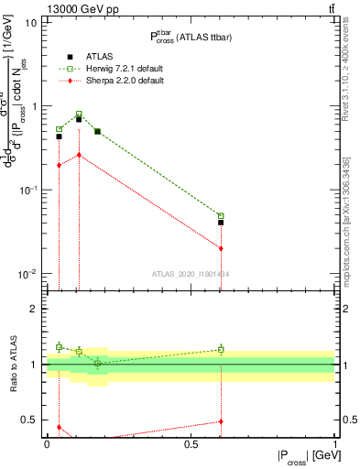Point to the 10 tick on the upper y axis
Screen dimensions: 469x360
[x=31, y=22]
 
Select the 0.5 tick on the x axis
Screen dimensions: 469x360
[x=191, y=443]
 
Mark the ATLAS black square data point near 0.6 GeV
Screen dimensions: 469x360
[x=221, y=223]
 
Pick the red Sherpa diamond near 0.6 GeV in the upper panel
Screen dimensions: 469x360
[x=221, y=248]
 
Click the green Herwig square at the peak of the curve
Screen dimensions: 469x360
[x=79, y=115]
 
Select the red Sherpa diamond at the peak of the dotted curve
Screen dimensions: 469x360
[x=79, y=155]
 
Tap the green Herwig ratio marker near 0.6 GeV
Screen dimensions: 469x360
[x=221, y=349]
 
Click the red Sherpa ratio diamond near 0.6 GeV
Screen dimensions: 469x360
[x=221, y=421]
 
